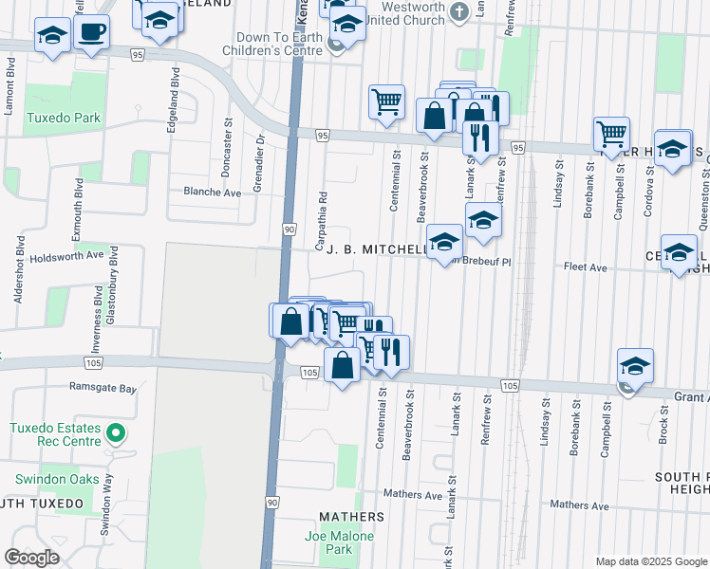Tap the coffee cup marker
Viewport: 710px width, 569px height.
(x=91, y=34)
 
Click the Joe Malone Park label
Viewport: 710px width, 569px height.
(x=339, y=542)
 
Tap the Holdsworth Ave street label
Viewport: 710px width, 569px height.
(x=66, y=255)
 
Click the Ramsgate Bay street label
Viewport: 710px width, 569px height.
(x=103, y=388)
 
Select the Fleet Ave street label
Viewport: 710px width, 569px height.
(x=586, y=268)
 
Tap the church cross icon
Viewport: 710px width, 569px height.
(x=459, y=12)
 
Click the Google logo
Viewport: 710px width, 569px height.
(x=32, y=558)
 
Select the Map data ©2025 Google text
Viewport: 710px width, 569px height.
(x=650, y=561)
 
